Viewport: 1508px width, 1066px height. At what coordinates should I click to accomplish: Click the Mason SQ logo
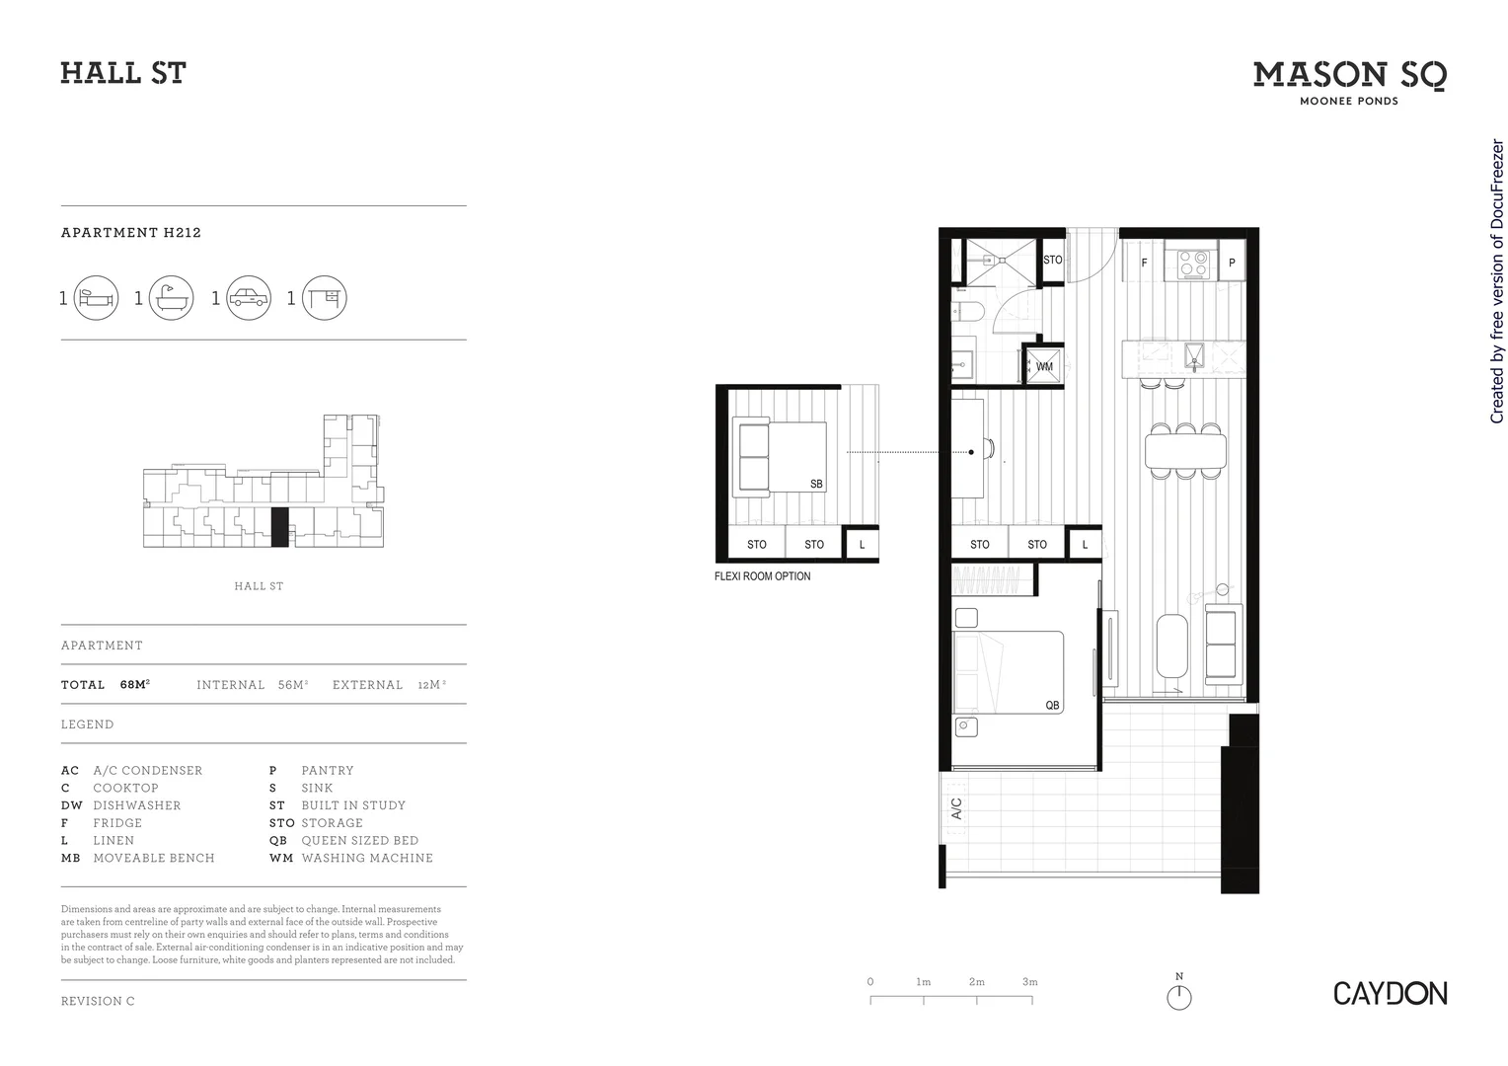pyautogui.click(x=1349, y=77)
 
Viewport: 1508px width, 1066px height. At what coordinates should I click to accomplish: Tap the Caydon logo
pyautogui.click(x=1390, y=993)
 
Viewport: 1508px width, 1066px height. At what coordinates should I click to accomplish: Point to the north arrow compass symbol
pyautogui.click(x=1178, y=996)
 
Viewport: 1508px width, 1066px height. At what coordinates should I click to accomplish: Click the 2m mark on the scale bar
pyautogui.click(x=976, y=983)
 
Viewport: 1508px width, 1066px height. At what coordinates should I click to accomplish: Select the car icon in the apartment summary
pyautogui.click(x=248, y=298)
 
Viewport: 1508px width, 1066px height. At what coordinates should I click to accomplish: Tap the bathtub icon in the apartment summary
pyautogui.click(x=171, y=298)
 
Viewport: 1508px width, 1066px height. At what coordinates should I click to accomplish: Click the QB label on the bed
pyautogui.click(x=1052, y=706)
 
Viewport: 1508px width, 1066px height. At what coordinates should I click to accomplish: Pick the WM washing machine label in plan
pyautogui.click(x=1044, y=366)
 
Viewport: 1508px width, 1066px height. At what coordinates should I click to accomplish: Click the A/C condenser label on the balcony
pyautogui.click(x=956, y=809)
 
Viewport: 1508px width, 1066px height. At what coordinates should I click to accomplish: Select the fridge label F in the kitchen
pyautogui.click(x=1144, y=264)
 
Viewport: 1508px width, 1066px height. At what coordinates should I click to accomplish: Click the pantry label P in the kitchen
pyautogui.click(x=1232, y=264)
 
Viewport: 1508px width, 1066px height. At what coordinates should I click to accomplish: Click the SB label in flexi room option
pyautogui.click(x=816, y=485)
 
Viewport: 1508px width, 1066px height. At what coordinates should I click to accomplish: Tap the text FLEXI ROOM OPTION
pyautogui.click(x=762, y=576)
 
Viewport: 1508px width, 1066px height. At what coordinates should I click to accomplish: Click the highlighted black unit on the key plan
pyautogui.click(x=279, y=527)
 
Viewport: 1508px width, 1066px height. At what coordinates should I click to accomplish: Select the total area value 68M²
pyautogui.click(x=135, y=685)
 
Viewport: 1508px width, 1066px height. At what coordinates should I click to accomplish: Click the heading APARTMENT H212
pyautogui.click(x=131, y=233)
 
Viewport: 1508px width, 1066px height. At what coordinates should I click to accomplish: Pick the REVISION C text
pyautogui.click(x=98, y=1001)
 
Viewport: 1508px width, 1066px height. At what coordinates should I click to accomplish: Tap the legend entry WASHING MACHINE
pyautogui.click(x=367, y=859)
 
